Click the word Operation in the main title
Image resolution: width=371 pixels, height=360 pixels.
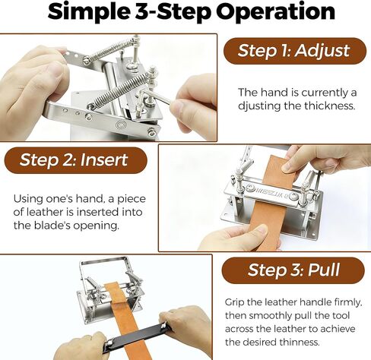[x=276, y=12]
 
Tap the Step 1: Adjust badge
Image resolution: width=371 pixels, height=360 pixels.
[x=295, y=51]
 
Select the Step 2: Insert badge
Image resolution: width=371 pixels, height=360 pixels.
[x=75, y=160]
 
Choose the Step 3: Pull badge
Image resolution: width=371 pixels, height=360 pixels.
[x=293, y=270]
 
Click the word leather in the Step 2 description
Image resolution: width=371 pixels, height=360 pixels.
[x=45, y=212]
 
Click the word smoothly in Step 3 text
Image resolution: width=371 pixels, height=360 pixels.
[x=270, y=316]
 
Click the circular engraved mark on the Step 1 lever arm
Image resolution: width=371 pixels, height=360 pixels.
[x=121, y=125]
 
